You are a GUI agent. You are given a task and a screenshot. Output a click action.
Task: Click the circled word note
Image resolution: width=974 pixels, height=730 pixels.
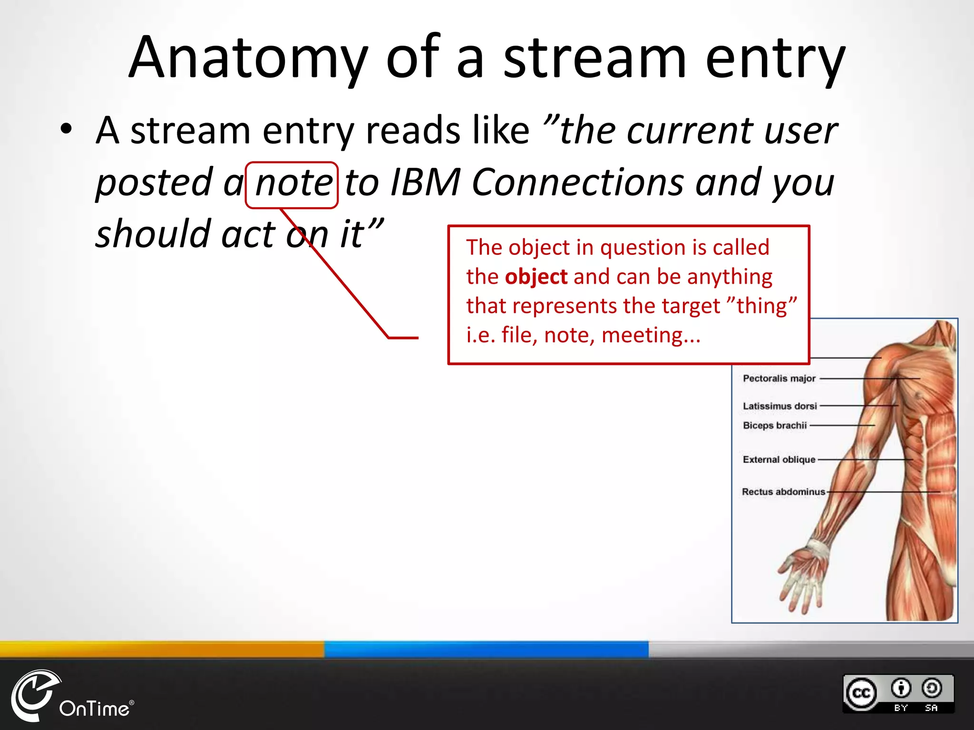(x=293, y=183)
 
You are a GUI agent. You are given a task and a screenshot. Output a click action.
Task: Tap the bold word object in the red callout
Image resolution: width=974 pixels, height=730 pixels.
(x=536, y=277)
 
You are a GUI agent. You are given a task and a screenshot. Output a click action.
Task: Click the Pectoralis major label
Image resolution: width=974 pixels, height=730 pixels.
(x=779, y=379)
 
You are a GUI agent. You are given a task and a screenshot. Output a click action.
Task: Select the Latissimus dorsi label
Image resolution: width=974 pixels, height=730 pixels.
(x=780, y=406)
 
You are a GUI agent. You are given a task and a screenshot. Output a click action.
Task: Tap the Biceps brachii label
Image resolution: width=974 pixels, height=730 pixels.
(x=775, y=425)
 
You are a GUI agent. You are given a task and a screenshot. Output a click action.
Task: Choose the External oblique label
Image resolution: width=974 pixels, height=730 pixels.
(x=779, y=460)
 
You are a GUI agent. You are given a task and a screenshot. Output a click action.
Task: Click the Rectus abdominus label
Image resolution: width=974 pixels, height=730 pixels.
(x=783, y=492)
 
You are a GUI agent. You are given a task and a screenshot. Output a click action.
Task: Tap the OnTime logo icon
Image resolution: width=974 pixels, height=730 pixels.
(x=33, y=694)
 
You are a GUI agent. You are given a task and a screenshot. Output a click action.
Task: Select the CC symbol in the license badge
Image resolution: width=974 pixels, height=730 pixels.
(x=861, y=693)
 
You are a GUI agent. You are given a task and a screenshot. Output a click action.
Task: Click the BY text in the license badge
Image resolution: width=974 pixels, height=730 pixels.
(x=901, y=708)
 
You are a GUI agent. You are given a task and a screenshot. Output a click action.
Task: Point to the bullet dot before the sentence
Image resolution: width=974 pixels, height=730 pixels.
(x=67, y=130)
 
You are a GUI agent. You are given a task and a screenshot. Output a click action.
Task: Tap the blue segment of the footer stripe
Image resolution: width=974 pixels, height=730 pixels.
(x=486, y=649)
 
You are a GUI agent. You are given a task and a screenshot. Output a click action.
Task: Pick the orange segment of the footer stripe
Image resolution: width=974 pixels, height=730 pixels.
(x=162, y=649)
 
